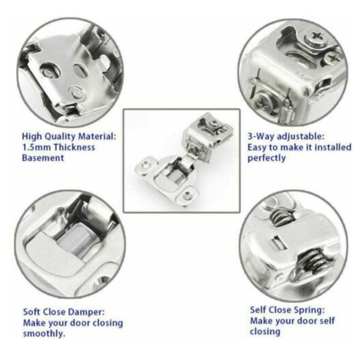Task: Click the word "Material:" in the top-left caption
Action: coord(97,136)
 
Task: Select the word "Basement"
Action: coord(43,158)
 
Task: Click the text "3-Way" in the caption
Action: coord(261,136)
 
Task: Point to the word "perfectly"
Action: coord(266,158)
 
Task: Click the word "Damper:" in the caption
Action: coord(86,312)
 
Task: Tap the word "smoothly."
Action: coord(44,333)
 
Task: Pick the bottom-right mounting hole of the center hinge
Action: coord(188,196)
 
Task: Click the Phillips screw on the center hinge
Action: coord(215,122)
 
